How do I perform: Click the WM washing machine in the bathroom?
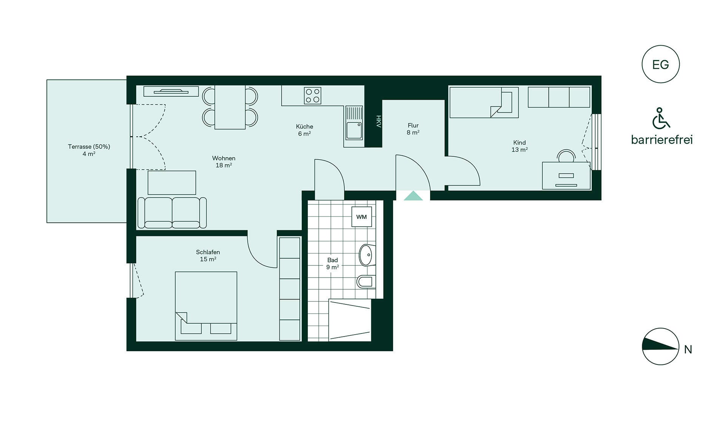pos(361,217)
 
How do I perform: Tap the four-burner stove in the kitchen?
pos(313,96)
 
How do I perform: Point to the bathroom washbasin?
pos(367,255)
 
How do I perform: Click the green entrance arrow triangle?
pos(413,196)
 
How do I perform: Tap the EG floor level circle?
pos(660,64)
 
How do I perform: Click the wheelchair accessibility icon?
pos(661,118)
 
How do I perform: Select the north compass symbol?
pos(660,346)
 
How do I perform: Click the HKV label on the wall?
pos(378,121)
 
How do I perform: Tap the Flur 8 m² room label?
pos(413,129)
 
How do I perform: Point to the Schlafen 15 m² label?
pos(208,255)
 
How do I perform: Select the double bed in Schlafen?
pos(206,306)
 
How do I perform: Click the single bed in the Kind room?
pos(484,102)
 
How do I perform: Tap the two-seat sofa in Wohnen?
pos(172,213)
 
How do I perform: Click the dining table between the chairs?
pos(230,107)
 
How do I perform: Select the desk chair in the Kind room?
pos(566,156)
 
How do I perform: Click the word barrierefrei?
pos(662,140)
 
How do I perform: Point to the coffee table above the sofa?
pos(172,183)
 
